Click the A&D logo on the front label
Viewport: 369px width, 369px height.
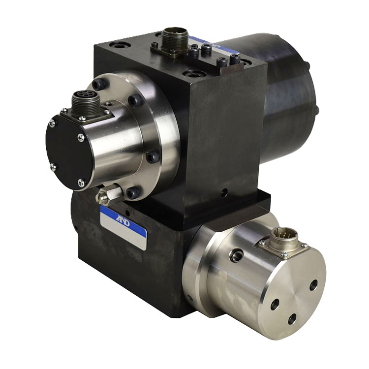[123, 221]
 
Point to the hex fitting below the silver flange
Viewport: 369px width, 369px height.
[109, 194]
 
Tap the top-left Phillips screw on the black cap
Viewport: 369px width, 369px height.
[52, 123]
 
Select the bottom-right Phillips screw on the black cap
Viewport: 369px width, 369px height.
[81, 182]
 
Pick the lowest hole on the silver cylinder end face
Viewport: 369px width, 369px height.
[292, 319]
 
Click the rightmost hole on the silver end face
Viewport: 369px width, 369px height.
[314, 285]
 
